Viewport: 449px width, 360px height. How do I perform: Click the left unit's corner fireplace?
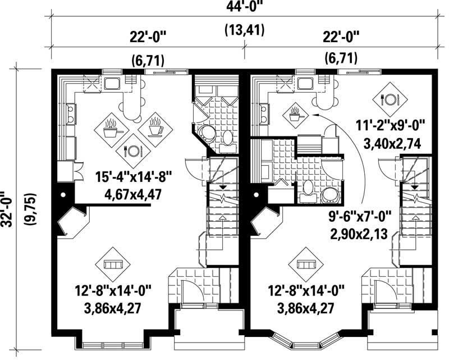tap(72, 222)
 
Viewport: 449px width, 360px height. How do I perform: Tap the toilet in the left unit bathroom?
tap(227, 138)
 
